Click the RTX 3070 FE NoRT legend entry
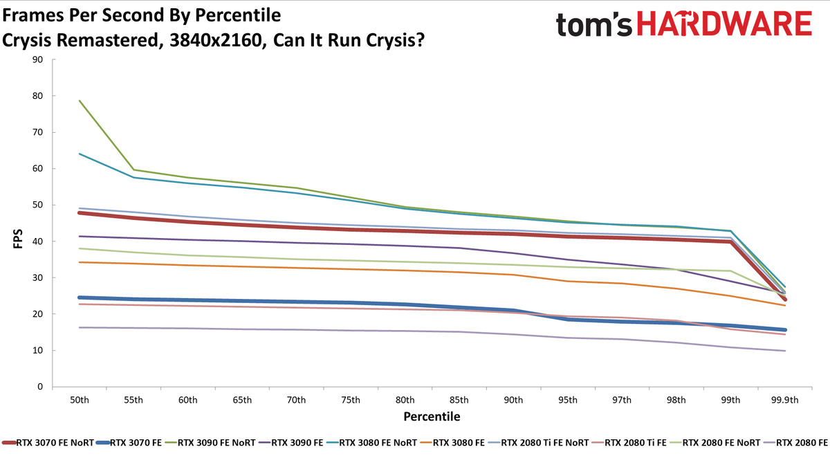click(x=48, y=443)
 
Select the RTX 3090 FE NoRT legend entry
click(x=210, y=443)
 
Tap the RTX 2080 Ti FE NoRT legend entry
click(x=538, y=443)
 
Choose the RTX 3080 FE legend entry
click(x=452, y=443)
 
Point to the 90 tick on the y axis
click(x=37, y=59)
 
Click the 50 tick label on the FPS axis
click(x=37, y=205)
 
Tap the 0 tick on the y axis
click(x=40, y=387)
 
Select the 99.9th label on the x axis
click(x=785, y=400)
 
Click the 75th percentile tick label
click(x=351, y=400)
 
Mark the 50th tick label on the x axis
click(x=80, y=400)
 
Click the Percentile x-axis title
click(x=432, y=416)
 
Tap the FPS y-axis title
click(x=18, y=238)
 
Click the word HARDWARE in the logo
click(x=724, y=24)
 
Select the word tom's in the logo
click(x=593, y=24)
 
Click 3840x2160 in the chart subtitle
click(x=216, y=40)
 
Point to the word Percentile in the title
click(x=238, y=15)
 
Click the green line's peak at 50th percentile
click(x=80, y=100)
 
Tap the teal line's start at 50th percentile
click(x=80, y=154)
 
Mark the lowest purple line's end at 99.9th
click(x=785, y=351)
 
